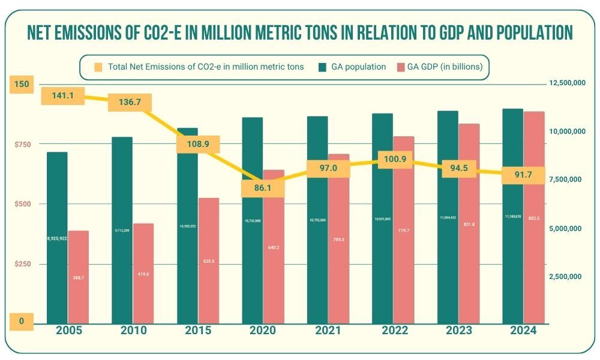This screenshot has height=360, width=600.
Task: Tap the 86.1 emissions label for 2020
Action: coord(262,188)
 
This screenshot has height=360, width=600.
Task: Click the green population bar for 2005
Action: coord(57,270)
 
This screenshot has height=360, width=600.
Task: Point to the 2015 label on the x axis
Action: coord(197,330)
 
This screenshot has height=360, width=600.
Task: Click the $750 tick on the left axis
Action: coord(23,144)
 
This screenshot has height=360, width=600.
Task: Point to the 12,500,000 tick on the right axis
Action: coord(568,83)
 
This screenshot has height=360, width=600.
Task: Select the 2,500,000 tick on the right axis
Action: coord(568,277)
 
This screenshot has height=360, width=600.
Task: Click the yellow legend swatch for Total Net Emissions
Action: coord(98,67)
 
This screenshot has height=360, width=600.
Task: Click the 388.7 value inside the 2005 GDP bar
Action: coord(79,278)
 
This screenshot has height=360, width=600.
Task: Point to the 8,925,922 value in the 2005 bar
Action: coord(57,238)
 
